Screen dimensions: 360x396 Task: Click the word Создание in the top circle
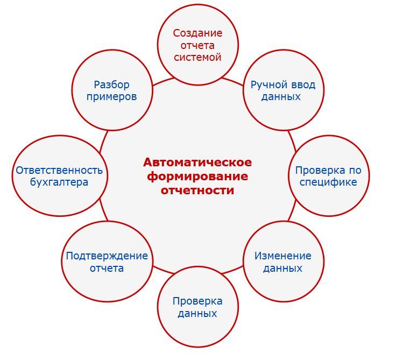197,33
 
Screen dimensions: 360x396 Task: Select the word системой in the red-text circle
197,57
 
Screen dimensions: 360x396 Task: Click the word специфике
328,182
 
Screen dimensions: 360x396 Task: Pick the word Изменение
283,256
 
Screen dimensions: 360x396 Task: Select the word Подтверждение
107,256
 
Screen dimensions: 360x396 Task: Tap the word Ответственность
59,170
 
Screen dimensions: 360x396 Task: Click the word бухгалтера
59,182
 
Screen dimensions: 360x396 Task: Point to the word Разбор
111,84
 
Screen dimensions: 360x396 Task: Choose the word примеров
111,97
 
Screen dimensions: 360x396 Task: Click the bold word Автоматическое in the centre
197,163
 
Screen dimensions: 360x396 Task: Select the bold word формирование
197,176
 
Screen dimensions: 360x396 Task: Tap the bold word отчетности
197,190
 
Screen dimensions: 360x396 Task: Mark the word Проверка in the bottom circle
197,301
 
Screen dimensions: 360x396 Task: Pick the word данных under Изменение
283,268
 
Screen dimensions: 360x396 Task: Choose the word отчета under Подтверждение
107,268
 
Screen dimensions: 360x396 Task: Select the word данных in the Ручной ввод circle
280,97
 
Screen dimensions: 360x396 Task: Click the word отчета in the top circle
197,45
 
